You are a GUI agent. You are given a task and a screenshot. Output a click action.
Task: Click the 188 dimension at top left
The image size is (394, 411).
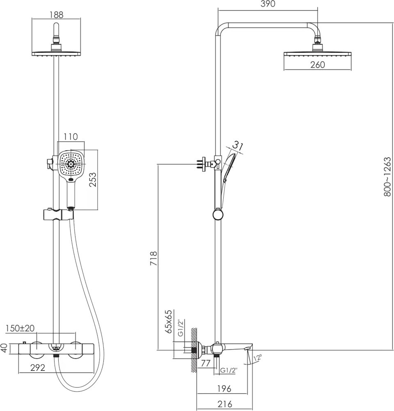point(57,14)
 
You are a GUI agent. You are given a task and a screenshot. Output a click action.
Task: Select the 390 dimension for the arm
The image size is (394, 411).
point(267,4)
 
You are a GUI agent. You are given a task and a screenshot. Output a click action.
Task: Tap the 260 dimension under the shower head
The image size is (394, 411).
point(317,65)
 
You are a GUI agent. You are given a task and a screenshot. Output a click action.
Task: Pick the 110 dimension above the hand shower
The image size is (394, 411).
point(71,137)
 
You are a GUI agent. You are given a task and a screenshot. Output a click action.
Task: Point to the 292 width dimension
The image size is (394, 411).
point(38,368)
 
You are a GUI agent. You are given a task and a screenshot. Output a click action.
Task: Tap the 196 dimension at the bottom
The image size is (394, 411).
point(224,388)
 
